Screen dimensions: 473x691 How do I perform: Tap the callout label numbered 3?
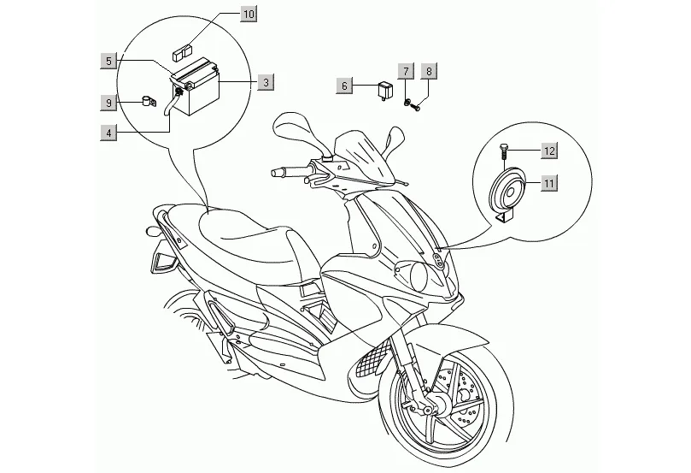click(266, 82)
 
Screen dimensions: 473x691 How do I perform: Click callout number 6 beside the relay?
click(344, 86)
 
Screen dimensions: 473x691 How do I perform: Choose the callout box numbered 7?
click(406, 71)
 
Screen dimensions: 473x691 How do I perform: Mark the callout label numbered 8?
click(430, 71)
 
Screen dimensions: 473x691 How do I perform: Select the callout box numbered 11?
click(548, 182)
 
